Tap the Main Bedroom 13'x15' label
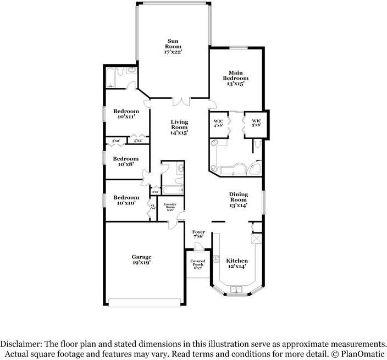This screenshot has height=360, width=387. (x=235, y=78)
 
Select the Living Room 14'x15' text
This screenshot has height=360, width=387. (x=179, y=127)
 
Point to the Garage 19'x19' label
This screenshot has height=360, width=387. (x=141, y=259)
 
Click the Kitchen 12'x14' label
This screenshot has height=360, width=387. (x=237, y=263)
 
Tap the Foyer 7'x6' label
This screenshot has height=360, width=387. (x=198, y=235)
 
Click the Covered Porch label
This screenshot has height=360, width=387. (x=197, y=264)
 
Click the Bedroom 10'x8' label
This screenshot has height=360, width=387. (x=126, y=161)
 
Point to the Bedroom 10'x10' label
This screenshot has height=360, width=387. (x=126, y=200)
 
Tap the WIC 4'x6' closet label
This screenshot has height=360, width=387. (x=218, y=123)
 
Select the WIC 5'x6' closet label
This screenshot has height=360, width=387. (x=256, y=123)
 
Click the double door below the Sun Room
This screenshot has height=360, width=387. (x=180, y=101)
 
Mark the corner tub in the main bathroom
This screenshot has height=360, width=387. (x=255, y=168)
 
